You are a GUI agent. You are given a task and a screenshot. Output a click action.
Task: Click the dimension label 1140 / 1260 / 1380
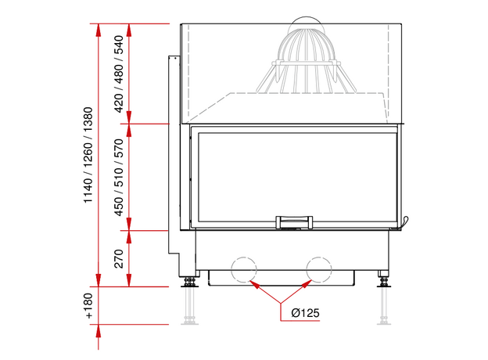pos(88,155)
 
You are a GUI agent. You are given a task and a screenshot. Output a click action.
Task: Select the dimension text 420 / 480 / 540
pos(119,74)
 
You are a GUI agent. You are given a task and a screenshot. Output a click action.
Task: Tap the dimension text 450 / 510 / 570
pos(119,177)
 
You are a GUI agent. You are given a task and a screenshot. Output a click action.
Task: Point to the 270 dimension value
pos(119,258)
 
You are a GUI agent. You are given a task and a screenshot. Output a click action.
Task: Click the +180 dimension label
pos(88,306)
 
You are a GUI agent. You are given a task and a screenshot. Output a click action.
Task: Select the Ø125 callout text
pos(305,313)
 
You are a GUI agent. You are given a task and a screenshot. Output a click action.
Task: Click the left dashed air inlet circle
pos(244,270)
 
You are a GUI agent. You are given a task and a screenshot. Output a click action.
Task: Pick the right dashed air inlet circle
pos(319,270)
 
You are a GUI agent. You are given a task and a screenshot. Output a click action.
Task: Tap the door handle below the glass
pos(294,222)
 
